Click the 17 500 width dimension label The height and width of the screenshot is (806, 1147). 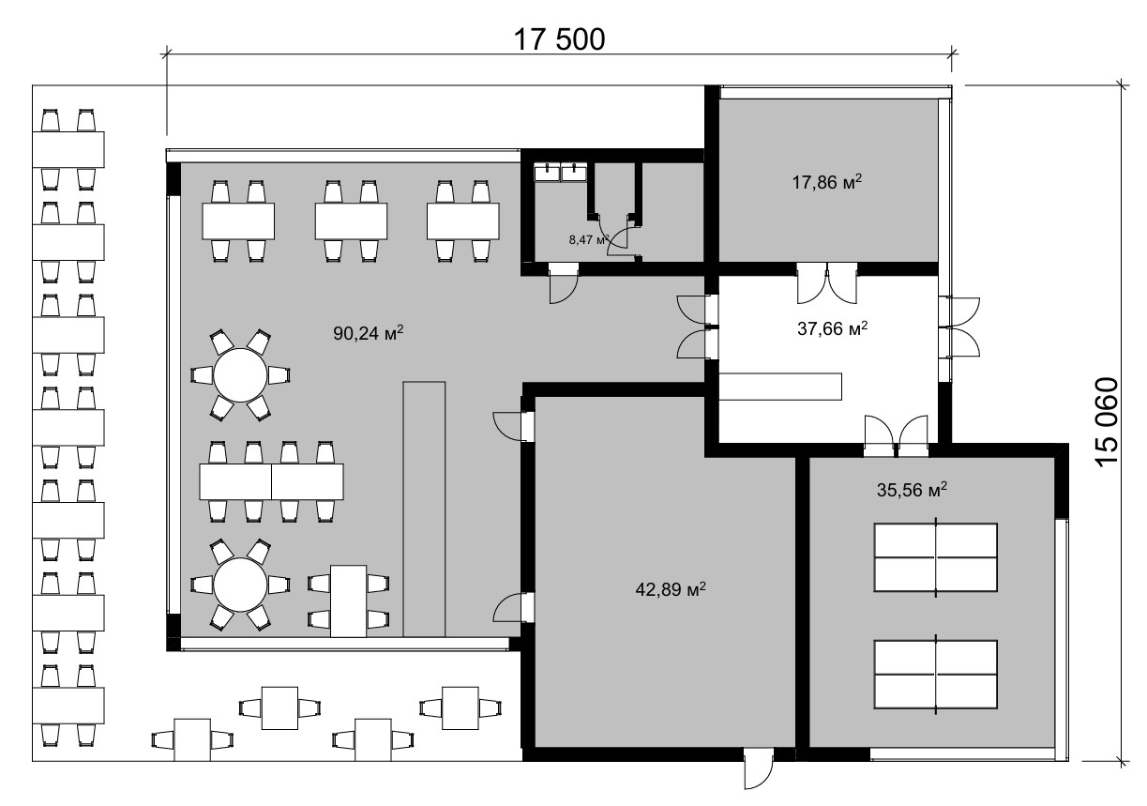559,39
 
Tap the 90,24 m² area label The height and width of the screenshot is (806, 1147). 369,333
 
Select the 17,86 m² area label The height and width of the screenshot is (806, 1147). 827,182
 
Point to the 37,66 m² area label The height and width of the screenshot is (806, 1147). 833,327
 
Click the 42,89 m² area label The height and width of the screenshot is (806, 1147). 671,589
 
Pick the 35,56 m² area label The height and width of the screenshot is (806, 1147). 912,490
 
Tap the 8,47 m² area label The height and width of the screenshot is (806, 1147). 589,239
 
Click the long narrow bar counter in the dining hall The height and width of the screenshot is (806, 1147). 424,509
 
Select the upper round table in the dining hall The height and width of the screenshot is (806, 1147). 240,375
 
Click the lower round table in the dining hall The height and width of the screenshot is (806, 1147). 240,585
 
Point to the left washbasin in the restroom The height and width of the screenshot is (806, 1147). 547,172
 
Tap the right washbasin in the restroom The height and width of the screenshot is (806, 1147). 574,172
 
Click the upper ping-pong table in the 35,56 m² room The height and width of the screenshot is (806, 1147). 936,557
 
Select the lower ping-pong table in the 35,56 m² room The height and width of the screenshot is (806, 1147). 936,675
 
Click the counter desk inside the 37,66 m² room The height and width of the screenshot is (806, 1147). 780,387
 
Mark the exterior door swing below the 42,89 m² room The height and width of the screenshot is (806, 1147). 759,775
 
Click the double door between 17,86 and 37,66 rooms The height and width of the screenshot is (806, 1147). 827,283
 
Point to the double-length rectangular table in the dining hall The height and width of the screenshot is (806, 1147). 271,481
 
